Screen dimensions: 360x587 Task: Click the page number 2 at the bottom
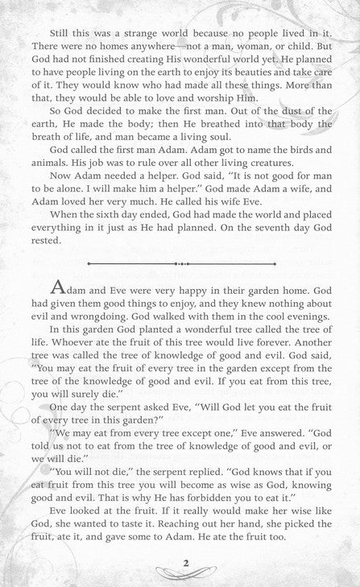coord(184,563)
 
